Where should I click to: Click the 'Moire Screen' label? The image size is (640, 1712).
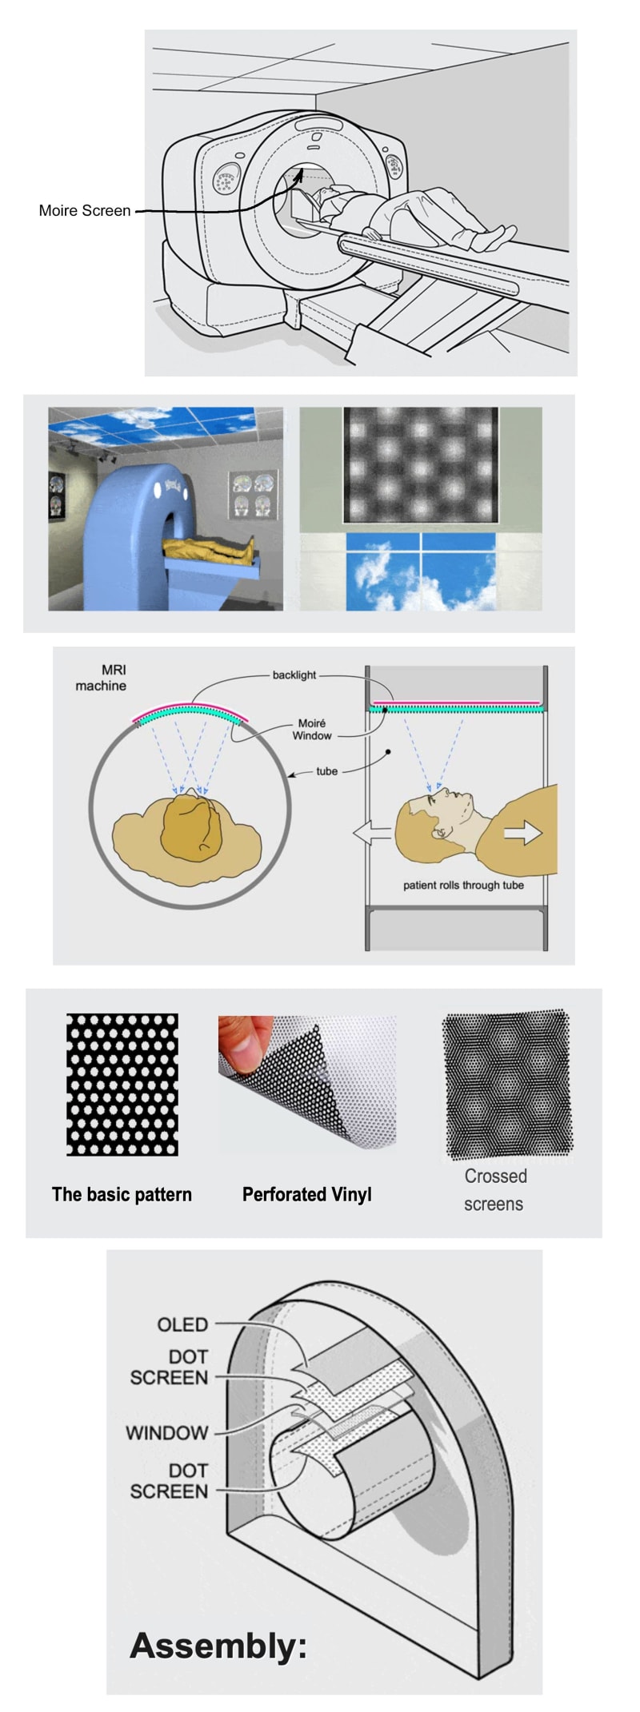85,211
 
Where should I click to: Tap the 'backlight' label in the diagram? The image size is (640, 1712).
294,675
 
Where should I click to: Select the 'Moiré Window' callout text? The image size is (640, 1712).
312,730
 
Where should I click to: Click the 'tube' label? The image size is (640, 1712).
327,771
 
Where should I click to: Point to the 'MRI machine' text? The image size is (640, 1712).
102,678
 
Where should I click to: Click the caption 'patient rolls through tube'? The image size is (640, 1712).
463,886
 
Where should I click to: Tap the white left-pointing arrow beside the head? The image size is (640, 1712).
372,834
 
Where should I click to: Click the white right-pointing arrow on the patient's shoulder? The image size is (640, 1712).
523,834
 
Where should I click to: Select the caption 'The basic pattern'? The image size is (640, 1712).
122,1195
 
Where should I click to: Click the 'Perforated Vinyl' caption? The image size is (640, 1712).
307,1195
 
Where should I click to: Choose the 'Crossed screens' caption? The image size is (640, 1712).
494,1190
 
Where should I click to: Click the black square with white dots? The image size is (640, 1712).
122,1085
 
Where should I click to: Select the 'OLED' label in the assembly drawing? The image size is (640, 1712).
182,1325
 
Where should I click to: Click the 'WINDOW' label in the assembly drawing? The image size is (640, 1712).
167,1433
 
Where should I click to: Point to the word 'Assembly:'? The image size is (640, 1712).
219,1646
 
